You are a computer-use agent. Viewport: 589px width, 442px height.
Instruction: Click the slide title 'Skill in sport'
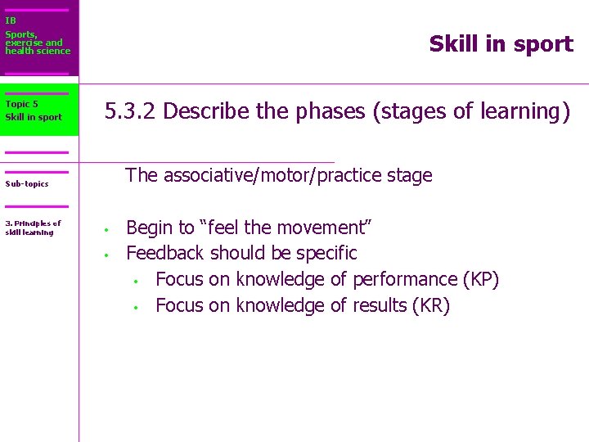click(x=501, y=44)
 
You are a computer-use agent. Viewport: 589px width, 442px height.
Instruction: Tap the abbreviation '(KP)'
click(x=480, y=279)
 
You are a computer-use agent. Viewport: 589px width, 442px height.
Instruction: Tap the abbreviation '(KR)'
click(x=431, y=305)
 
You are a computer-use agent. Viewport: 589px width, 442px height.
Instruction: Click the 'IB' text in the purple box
click(x=11, y=20)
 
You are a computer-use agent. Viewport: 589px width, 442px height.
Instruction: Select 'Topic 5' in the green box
click(x=21, y=104)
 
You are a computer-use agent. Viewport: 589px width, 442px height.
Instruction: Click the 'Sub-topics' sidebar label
click(x=27, y=183)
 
